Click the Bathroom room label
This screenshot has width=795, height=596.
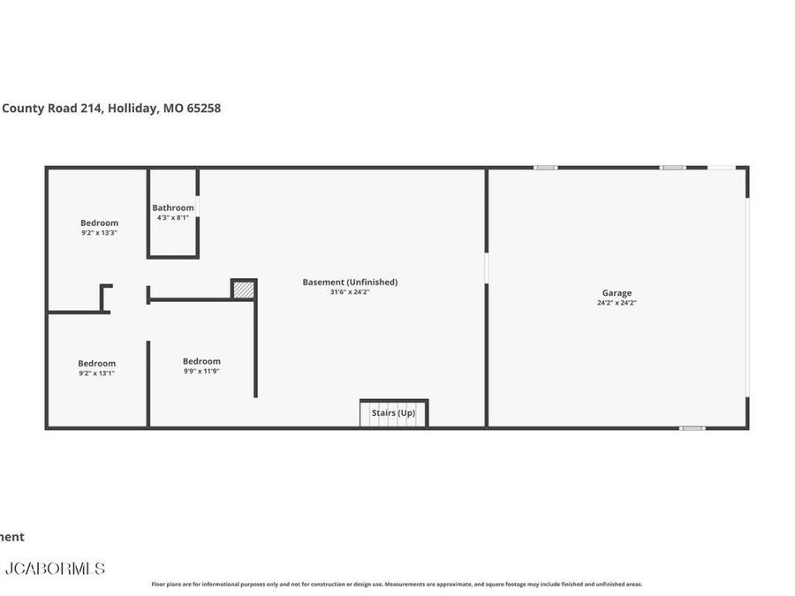172,207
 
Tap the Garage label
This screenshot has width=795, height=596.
617,293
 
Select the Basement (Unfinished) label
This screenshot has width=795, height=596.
350,283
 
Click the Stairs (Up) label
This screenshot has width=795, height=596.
393,412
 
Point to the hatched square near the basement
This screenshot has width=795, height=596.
243,289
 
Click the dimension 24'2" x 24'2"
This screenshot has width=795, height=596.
617,303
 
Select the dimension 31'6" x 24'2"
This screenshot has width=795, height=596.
350,292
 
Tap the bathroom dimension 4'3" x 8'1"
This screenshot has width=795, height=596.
172,217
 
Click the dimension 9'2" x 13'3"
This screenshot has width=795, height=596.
99,233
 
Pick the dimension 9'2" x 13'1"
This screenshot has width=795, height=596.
96,373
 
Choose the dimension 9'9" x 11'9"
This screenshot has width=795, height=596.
201,371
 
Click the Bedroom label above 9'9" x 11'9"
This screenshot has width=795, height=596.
201,361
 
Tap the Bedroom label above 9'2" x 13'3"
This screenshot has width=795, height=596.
99,223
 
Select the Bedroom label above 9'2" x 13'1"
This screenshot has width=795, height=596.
96,364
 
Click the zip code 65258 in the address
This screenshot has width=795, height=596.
204,109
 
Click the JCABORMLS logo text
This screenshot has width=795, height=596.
55,569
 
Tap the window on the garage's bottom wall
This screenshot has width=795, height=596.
692,428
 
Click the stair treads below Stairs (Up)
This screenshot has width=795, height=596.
393,422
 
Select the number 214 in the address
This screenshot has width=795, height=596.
91,109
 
